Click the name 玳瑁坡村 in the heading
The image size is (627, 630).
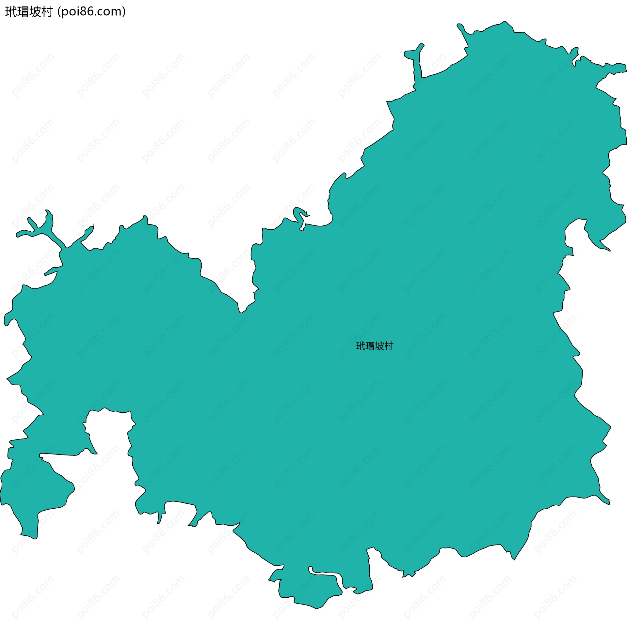[x=29, y=12]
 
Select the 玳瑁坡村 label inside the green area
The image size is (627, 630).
[x=375, y=346]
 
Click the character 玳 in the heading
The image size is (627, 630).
[x=11, y=12]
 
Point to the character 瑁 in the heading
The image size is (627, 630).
[x=23, y=12]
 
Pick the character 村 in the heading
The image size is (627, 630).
[x=47, y=12]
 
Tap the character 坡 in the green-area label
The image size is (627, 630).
[x=379, y=346]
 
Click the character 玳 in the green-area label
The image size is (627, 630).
[x=361, y=346]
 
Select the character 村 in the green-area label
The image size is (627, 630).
[x=389, y=346]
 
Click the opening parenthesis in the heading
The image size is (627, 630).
[x=59, y=12]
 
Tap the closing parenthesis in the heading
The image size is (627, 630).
[x=123, y=12]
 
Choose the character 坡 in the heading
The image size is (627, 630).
[x=35, y=12]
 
